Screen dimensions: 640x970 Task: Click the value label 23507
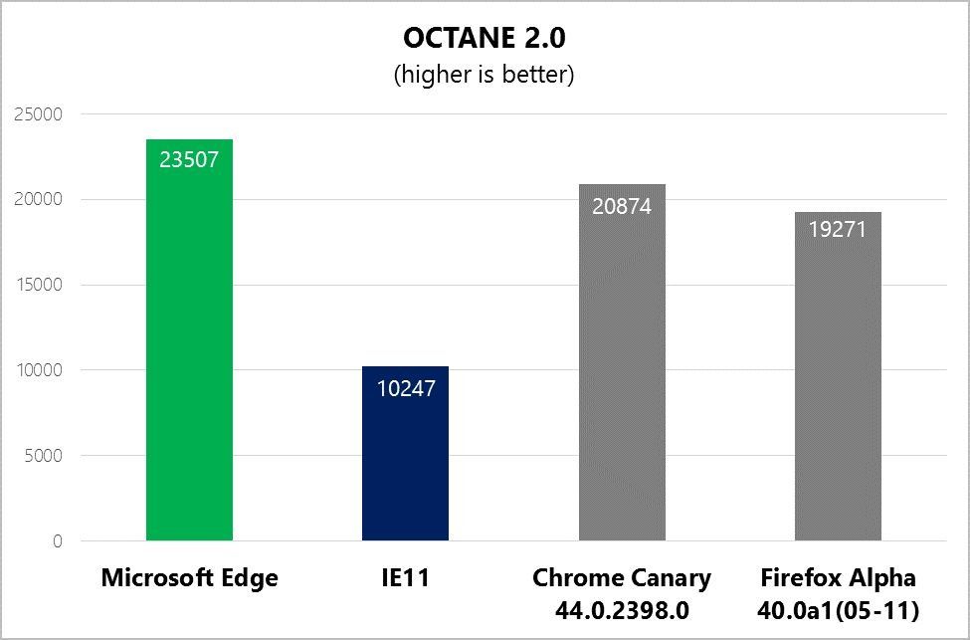(189, 159)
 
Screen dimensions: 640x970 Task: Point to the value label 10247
(405, 387)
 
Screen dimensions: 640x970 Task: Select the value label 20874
(622, 206)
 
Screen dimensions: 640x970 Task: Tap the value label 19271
(838, 229)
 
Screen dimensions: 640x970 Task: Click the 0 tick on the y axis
(57, 542)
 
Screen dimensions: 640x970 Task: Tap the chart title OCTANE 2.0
(485, 38)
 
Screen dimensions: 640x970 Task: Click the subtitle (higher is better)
(485, 75)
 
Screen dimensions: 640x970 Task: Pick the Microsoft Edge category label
(189, 578)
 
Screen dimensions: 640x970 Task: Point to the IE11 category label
(405, 578)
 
